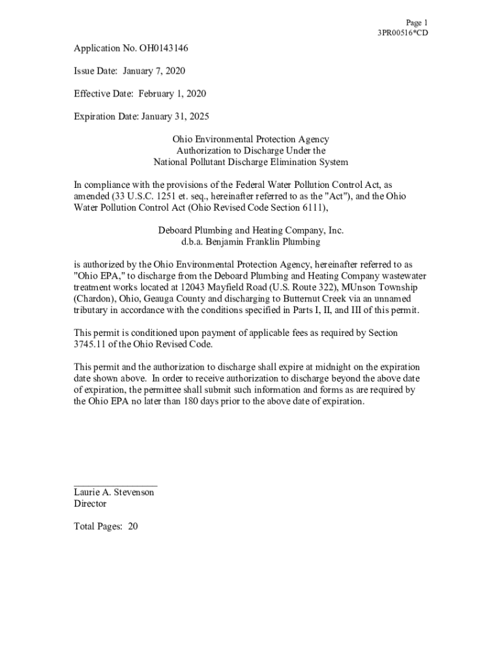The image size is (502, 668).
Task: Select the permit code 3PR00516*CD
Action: [403, 33]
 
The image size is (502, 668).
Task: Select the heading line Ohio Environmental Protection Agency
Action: [250, 140]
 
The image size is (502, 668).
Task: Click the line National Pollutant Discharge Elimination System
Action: [250, 162]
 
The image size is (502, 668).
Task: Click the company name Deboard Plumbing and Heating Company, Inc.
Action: [250, 230]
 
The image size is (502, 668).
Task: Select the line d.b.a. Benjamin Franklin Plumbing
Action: [250, 241]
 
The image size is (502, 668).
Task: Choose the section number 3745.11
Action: [93, 344]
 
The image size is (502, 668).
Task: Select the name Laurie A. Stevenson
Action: [113, 493]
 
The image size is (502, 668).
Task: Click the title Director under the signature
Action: [90, 504]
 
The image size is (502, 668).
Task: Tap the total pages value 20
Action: [132, 526]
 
